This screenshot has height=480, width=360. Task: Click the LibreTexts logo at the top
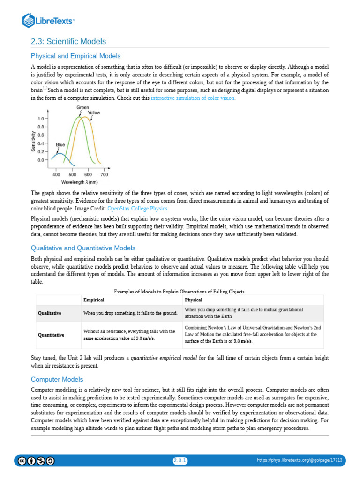49,21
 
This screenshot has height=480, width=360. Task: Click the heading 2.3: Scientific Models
68,42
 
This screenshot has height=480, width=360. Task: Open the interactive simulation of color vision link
193,98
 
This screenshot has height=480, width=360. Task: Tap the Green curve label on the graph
83,108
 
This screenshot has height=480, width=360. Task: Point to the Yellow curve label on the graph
94,112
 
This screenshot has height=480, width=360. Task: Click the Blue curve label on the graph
60,145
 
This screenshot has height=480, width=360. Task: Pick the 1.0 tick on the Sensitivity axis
41,119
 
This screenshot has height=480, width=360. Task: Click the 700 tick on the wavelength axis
104,174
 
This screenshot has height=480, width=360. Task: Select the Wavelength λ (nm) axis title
79,181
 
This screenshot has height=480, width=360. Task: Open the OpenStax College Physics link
137,208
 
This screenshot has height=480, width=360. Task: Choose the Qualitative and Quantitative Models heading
83,248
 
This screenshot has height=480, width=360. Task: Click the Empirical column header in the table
94,300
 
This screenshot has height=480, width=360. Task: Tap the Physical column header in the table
194,300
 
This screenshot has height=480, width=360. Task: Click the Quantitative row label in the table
51,335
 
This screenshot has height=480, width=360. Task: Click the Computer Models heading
57,379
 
